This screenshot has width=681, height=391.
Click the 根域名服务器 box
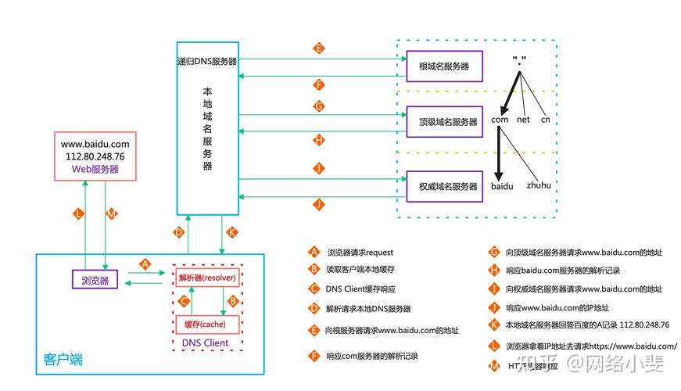click(x=444, y=66)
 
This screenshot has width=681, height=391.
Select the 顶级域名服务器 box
click(x=444, y=122)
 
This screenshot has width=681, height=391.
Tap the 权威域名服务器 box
click(x=444, y=187)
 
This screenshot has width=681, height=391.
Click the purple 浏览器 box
click(x=95, y=280)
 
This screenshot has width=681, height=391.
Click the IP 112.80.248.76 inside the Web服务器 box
click(x=95, y=156)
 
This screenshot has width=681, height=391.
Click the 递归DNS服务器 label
click(x=207, y=61)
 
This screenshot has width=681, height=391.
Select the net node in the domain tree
click(x=524, y=120)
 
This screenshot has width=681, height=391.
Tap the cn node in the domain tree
click(x=545, y=120)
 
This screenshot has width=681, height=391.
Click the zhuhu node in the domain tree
click(x=539, y=186)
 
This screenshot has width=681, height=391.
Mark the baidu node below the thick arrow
click(x=502, y=187)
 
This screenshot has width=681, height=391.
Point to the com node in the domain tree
click(x=500, y=120)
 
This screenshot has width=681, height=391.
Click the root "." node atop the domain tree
click(x=518, y=60)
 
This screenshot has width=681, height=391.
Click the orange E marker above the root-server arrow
click(x=318, y=48)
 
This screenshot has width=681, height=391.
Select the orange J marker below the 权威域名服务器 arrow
click(x=318, y=204)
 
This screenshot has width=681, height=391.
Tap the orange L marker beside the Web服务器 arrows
click(x=78, y=213)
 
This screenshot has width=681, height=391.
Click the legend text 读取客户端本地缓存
click(x=360, y=271)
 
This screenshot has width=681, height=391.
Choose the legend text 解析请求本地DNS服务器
click(x=368, y=309)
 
